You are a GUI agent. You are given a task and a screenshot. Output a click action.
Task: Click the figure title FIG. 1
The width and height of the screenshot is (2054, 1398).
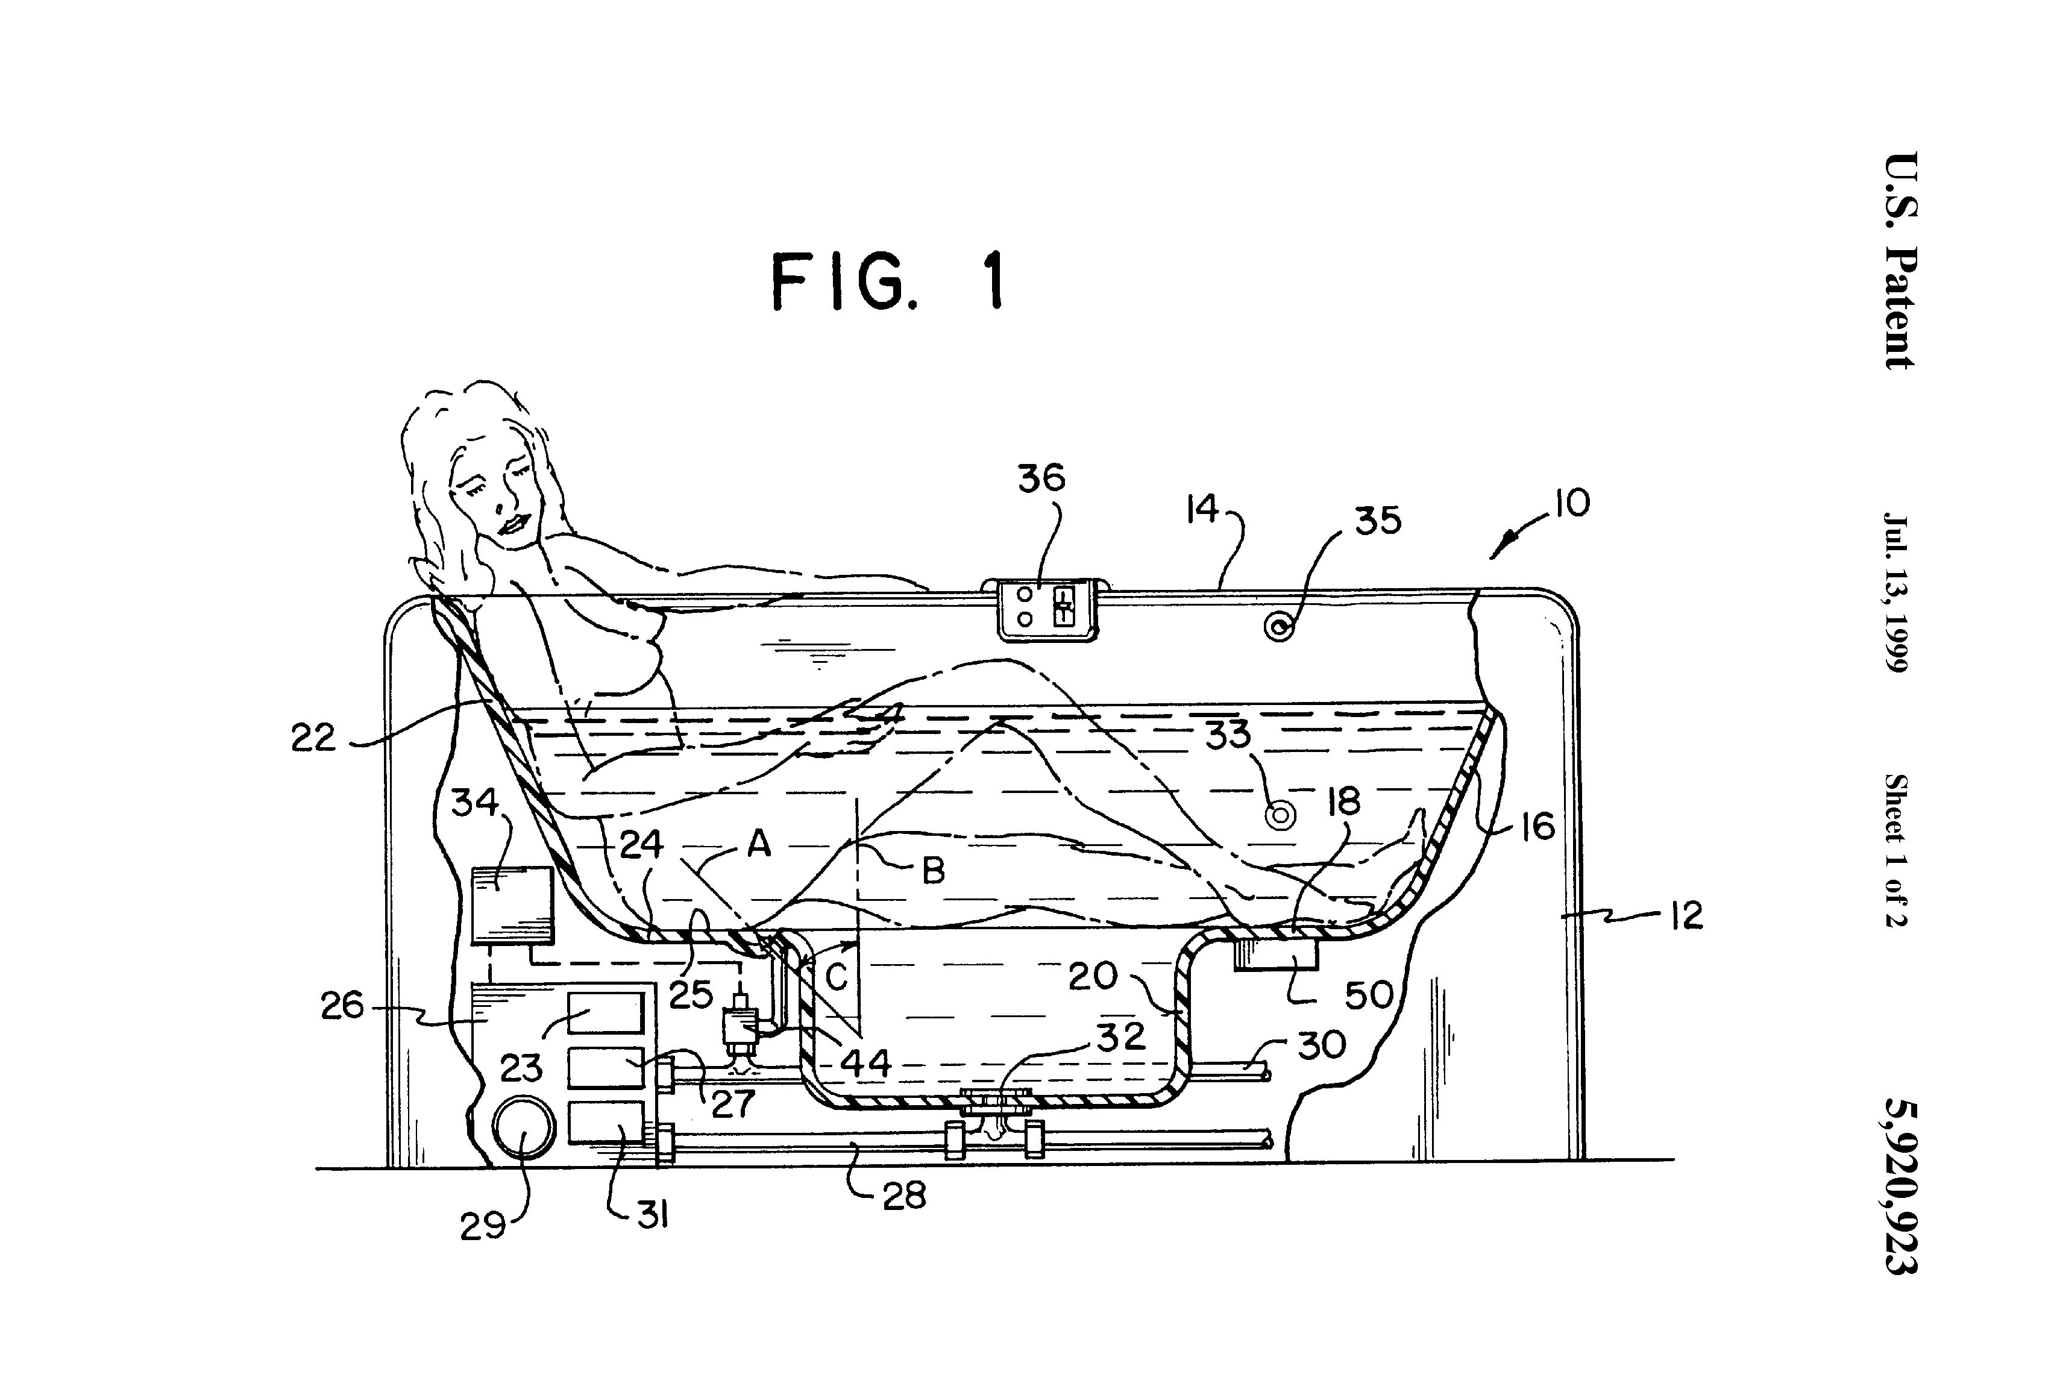click(889, 280)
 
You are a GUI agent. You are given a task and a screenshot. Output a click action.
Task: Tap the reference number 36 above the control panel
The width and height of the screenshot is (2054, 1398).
click(1041, 478)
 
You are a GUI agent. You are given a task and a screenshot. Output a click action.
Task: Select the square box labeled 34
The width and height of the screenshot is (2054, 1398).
click(513, 905)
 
